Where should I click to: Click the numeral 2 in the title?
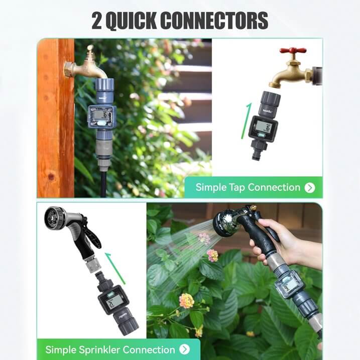click(x=97, y=20)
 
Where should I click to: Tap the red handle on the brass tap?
click(x=293, y=51)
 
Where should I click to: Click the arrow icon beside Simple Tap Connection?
click(x=310, y=188)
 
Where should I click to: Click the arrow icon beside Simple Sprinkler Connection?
click(x=185, y=349)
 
